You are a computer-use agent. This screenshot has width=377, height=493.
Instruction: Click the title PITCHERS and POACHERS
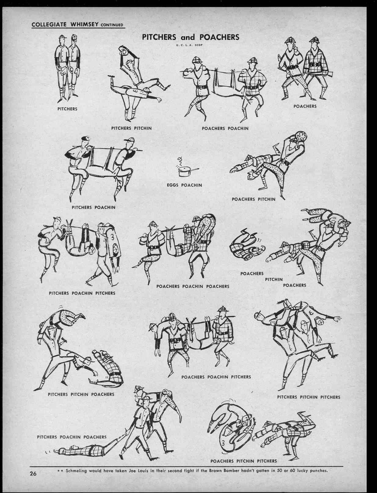point(191,37)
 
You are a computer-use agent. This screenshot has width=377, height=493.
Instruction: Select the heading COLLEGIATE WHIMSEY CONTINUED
point(78,25)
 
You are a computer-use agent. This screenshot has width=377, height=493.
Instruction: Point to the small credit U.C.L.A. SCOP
point(190,45)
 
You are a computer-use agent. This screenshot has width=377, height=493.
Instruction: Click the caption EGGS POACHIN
point(184,185)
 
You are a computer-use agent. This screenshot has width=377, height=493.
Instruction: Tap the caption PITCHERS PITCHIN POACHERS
point(81,395)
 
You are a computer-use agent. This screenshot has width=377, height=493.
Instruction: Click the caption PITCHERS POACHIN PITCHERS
point(82,293)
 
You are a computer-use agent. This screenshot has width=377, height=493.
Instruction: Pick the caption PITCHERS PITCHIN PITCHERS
point(309,397)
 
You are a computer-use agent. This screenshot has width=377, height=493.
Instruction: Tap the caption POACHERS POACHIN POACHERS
point(193,287)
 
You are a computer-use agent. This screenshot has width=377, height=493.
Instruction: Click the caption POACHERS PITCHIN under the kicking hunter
point(254,199)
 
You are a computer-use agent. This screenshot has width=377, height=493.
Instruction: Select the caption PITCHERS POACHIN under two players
point(93,207)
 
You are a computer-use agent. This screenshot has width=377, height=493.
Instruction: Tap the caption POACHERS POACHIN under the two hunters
point(225,128)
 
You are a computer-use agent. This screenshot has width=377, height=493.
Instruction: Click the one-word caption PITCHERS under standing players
point(67,109)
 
